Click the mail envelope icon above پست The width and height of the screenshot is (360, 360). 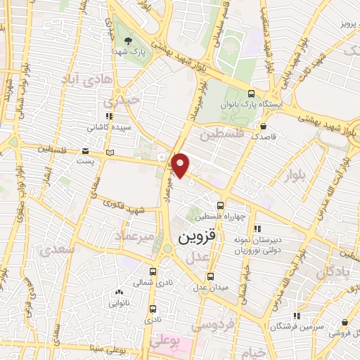85,150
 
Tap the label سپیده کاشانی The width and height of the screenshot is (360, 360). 108,128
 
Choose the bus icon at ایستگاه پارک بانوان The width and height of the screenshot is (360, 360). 252,93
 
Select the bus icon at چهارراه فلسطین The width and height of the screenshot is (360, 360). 221,206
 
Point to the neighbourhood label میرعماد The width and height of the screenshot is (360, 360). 136,237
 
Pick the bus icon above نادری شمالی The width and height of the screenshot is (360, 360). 153,271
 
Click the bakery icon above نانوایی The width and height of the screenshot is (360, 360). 117,292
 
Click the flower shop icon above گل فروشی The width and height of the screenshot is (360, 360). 344,323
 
